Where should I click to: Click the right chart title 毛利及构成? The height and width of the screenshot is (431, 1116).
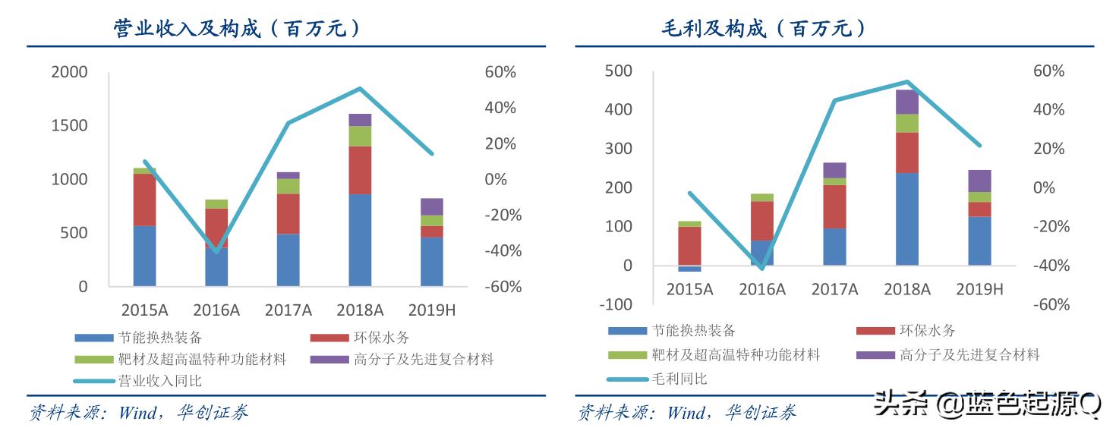(763, 29)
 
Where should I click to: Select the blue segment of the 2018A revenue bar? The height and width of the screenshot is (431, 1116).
(360, 240)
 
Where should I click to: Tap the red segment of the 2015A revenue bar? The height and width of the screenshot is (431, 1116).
(144, 200)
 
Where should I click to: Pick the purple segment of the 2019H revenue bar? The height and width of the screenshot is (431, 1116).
(431, 206)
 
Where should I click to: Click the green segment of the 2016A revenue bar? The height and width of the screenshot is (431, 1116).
(216, 203)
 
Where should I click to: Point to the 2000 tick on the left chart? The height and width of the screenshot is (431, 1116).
(70, 72)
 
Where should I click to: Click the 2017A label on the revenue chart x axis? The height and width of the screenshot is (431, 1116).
(288, 310)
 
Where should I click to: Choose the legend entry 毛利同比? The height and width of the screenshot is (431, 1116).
(679, 378)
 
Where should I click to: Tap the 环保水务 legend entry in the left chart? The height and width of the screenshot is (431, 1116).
(380, 338)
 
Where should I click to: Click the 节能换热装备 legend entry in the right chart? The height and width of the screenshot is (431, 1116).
(693, 330)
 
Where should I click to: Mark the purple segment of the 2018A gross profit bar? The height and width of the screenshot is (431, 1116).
(907, 102)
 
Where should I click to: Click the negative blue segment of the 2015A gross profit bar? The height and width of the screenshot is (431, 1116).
(690, 269)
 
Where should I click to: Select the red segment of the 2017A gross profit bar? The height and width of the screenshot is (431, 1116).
(834, 206)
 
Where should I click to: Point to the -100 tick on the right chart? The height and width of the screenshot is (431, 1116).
(616, 304)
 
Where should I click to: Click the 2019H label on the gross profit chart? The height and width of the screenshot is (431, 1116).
(979, 289)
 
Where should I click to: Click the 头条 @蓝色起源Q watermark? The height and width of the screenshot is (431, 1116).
(986, 403)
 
